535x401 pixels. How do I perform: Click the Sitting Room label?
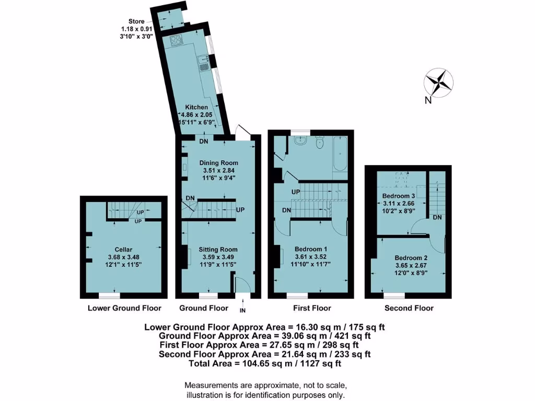(218, 250)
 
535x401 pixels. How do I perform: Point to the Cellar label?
(125, 250)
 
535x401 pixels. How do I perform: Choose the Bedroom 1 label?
(310, 249)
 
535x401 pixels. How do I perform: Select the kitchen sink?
(203, 64)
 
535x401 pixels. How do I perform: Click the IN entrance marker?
(242, 311)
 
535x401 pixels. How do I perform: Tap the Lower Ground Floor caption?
(124, 308)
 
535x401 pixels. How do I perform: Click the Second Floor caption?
(409, 308)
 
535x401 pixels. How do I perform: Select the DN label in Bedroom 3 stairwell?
(438, 217)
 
